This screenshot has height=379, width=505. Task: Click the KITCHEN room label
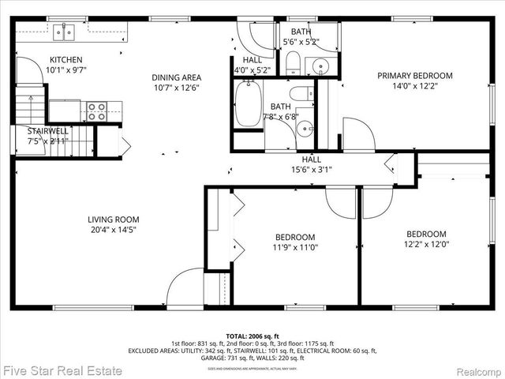pos(65,60)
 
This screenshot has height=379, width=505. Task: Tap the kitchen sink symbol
pos(64,32)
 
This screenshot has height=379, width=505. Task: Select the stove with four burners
pos(96,111)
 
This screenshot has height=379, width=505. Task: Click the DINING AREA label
pos(177,77)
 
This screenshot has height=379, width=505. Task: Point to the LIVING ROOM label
pos(114,220)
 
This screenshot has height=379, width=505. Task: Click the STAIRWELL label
pos(48,131)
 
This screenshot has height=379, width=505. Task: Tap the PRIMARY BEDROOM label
pos(415,76)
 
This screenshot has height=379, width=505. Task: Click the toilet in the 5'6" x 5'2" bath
pos(291,64)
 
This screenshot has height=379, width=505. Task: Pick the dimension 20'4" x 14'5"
pos(114,231)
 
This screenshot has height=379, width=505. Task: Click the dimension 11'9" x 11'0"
pos(295,247)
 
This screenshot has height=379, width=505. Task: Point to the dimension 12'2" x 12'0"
pos(426,245)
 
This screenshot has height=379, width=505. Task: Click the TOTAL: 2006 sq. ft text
pos(252,336)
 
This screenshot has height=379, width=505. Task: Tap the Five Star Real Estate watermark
pos(63,370)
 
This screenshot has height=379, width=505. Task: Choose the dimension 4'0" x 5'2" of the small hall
pos(252,69)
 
